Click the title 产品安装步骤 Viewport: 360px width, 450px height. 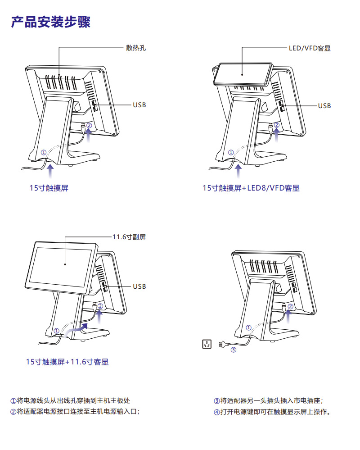[x=50, y=22]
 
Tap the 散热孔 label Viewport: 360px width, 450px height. [x=136, y=48]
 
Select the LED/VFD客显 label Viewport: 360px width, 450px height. [x=310, y=48]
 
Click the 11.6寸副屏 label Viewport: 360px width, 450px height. [x=129, y=237]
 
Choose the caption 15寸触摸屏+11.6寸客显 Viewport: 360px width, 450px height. [x=67, y=362]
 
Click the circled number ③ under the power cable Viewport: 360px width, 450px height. [x=233, y=350]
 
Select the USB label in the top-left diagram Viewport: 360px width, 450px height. [x=139, y=105]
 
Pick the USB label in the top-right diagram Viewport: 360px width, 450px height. [x=324, y=106]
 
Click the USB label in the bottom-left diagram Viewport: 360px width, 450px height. [x=139, y=286]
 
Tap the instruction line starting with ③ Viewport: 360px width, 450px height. [x=268, y=400]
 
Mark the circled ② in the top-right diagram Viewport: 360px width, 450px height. [x=276, y=125]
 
